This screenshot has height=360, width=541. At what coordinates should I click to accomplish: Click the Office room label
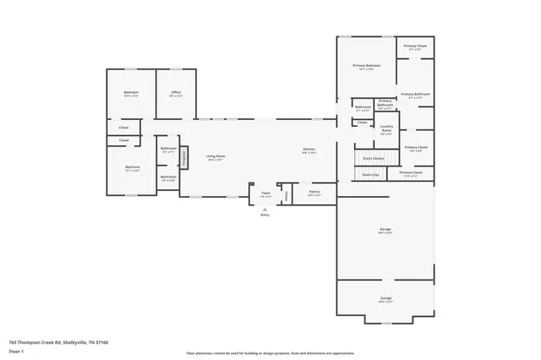pyautogui.click(x=176, y=93)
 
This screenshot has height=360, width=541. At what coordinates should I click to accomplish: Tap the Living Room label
pyautogui.click(x=216, y=156)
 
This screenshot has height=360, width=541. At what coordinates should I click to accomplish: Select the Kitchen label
pyautogui.click(x=309, y=151)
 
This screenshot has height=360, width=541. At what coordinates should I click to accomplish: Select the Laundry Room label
pyautogui.click(x=386, y=128)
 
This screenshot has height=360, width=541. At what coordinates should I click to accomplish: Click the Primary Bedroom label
pyautogui.click(x=367, y=67)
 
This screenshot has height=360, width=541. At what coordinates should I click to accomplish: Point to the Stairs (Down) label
pyautogui.click(x=373, y=158)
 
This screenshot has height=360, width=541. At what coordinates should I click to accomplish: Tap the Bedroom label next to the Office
pyautogui.click(x=131, y=93)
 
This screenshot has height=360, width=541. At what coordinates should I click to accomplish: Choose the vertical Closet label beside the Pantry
pyautogui.click(x=287, y=195)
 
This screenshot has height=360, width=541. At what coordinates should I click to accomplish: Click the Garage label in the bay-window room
pyautogui.click(x=385, y=299)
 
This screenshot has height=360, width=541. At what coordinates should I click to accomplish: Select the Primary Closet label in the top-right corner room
pyautogui.click(x=415, y=46)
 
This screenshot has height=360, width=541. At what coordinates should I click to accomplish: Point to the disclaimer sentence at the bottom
pyautogui.click(x=270, y=352)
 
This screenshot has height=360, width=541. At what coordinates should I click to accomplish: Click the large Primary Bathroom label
pyautogui.click(x=415, y=95)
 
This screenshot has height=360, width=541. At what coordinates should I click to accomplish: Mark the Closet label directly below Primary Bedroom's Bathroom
pyautogui.click(x=362, y=123)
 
